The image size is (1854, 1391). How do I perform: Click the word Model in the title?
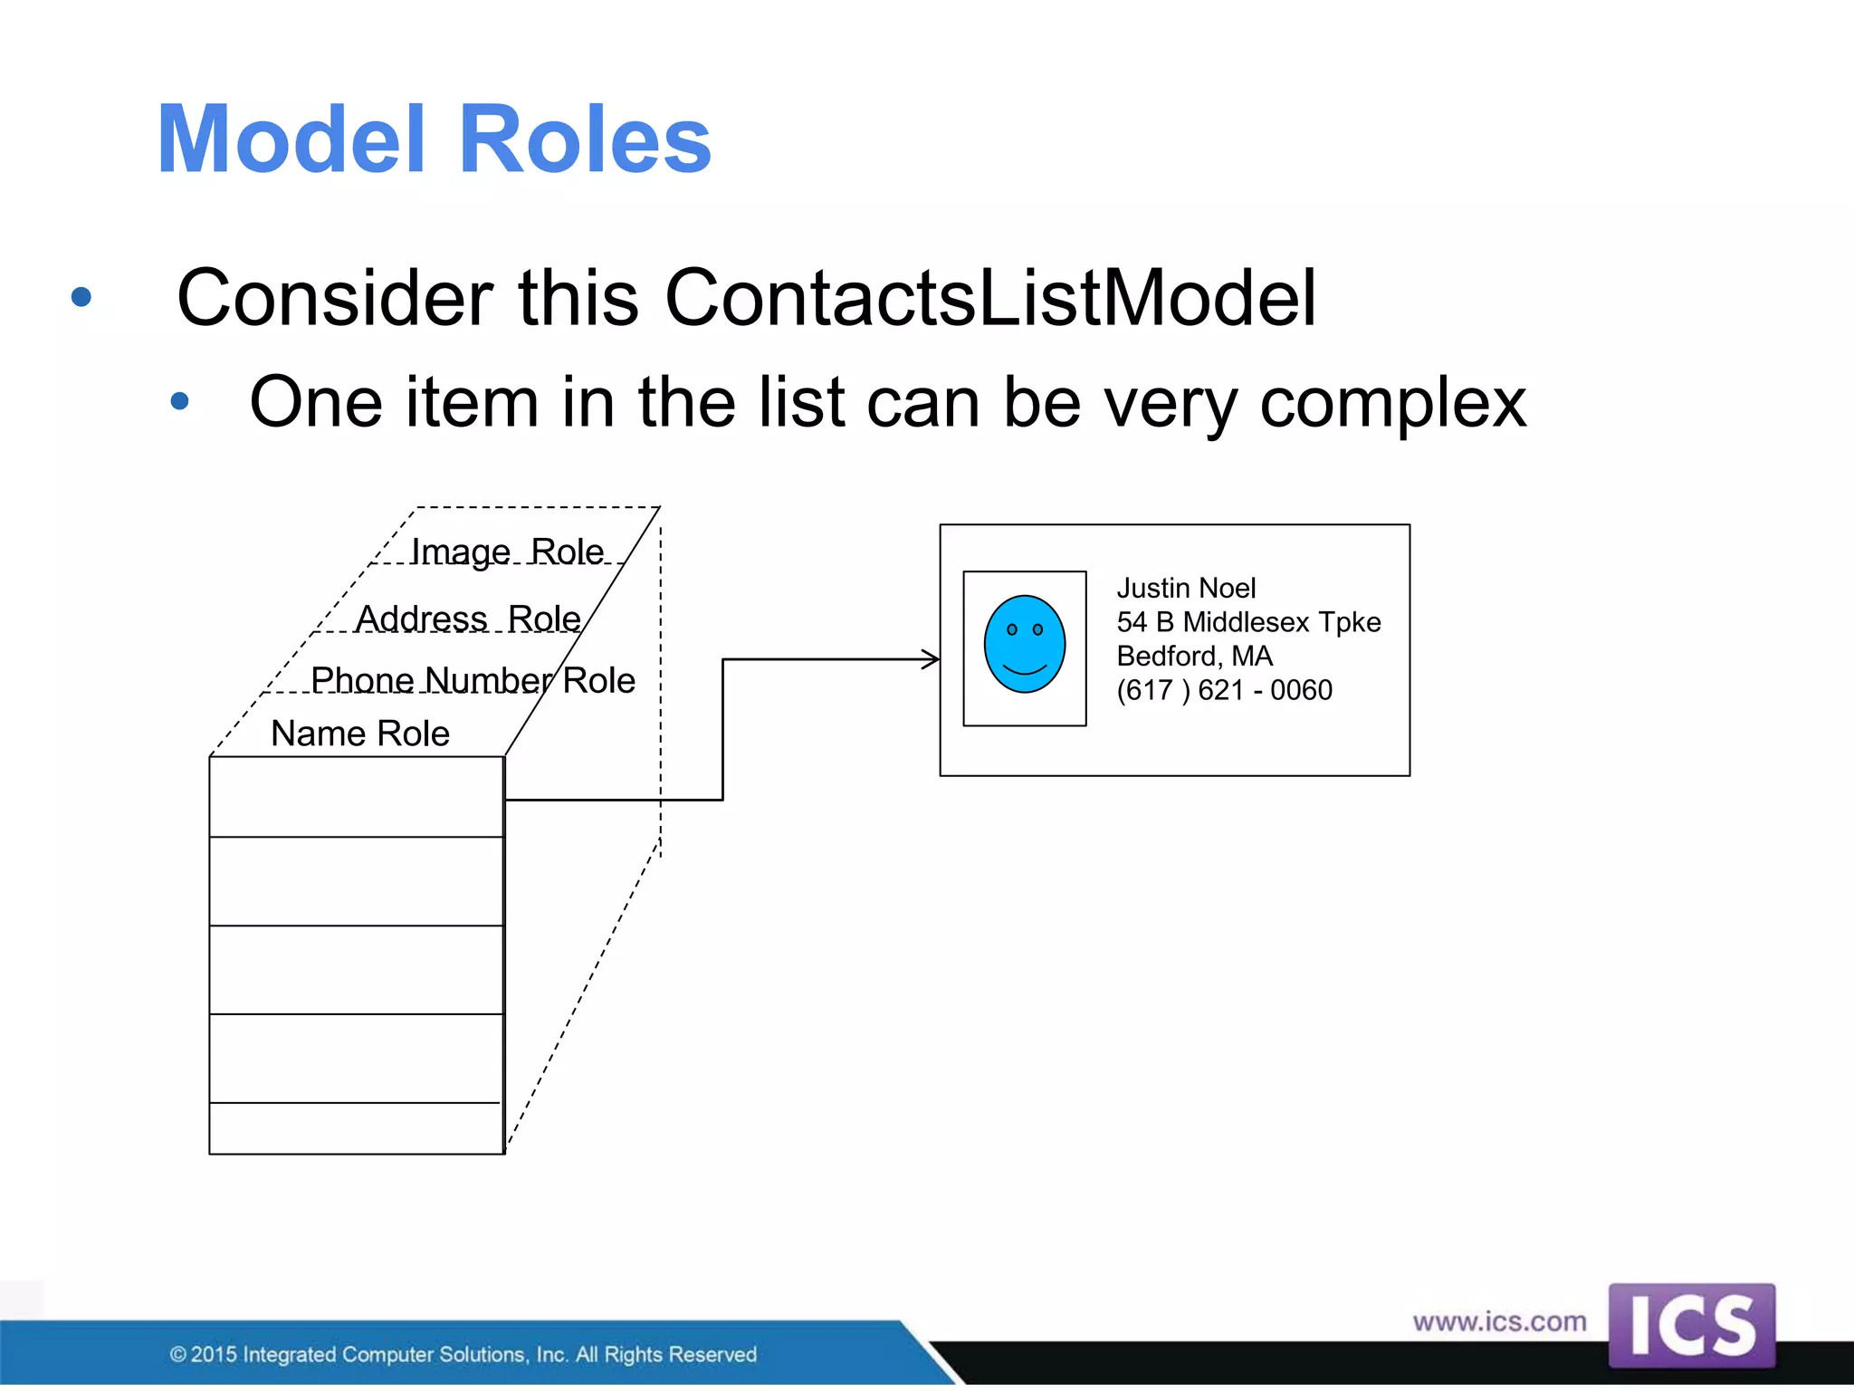click(x=291, y=139)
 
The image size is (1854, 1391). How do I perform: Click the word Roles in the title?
click(x=585, y=139)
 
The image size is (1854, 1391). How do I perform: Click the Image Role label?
click(x=507, y=552)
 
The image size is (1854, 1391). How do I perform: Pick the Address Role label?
click(x=468, y=619)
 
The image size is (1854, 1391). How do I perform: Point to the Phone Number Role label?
click(x=473, y=680)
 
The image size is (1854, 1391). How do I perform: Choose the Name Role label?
click(x=360, y=734)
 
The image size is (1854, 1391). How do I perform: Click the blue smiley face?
click(x=1024, y=643)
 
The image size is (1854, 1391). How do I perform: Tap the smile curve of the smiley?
click(x=1025, y=670)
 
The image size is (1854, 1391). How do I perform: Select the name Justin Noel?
click(x=1186, y=589)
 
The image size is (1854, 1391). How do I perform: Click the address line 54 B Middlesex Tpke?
click(x=1248, y=622)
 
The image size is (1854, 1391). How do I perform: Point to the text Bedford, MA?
click(x=1194, y=656)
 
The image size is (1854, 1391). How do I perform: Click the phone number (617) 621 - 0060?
click(x=1224, y=690)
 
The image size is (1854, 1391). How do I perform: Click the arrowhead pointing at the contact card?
click(x=932, y=659)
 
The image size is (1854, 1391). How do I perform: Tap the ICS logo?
click(x=1691, y=1325)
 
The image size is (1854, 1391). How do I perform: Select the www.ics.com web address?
click(x=1499, y=1321)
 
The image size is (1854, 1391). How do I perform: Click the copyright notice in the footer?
click(x=463, y=1354)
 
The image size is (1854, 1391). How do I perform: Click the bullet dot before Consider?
click(x=81, y=296)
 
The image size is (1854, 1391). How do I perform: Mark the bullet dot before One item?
click(x=179, y=400)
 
